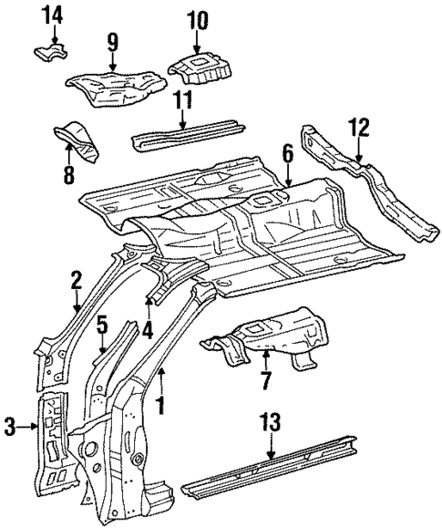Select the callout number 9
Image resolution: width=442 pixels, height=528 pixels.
click(x=111, y=41)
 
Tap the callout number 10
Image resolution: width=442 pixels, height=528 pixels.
click(x=197, y=18)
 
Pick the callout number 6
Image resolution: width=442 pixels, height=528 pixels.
click(x=287, y=155)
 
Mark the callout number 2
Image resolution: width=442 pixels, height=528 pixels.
click(x=77, y=278)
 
